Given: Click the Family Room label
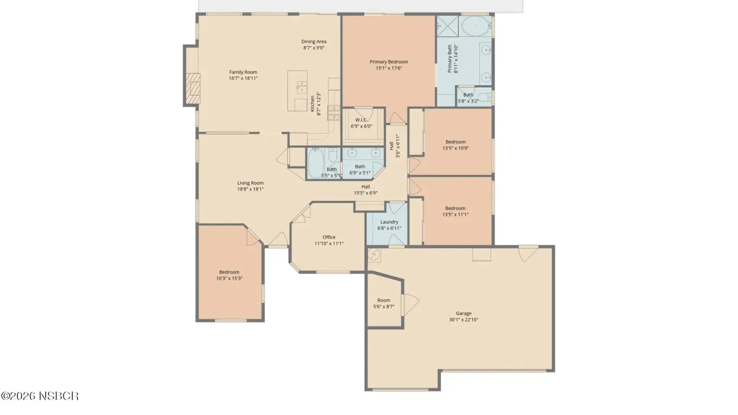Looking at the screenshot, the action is tap(243, 72).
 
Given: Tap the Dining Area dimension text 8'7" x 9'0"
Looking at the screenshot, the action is tap(314, 48).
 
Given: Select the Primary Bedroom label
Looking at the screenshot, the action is tap(389, 62).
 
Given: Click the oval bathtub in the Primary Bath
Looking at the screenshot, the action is tap(476, 26).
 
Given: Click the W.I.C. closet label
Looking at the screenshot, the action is tap(361, 120).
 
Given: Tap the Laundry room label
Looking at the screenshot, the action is tap(389, 222).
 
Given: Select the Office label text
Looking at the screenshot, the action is tap(329, 237).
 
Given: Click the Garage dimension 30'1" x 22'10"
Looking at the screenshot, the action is tap(464, 320).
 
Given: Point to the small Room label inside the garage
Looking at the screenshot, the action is tap(383, 300).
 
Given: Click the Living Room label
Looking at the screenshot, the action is tap(250, 183).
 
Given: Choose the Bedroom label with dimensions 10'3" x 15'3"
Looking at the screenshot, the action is tap(229, 272).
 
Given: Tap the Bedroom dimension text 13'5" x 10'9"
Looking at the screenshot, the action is tap(455, 148).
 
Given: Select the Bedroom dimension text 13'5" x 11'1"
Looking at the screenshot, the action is tap(455, 214).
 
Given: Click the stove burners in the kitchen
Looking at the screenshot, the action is tap(333, 113).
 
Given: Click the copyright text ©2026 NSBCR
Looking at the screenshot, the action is tap(40, 396).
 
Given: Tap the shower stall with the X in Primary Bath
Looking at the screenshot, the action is tap(447, 26).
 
